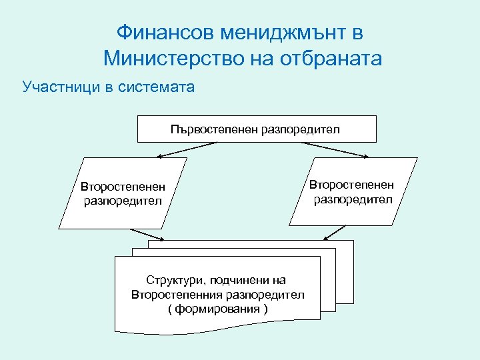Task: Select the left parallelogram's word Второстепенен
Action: [x=123, y=187]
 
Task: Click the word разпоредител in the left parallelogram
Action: [x=123, y=200]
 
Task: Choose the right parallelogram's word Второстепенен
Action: [x=352, y=185]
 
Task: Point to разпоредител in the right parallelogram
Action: [x=352, y=199]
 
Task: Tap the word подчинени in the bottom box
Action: [x=239, y=280]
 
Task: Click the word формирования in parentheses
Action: [x=218, y=309]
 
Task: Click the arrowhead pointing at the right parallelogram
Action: [x=368, y=157]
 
